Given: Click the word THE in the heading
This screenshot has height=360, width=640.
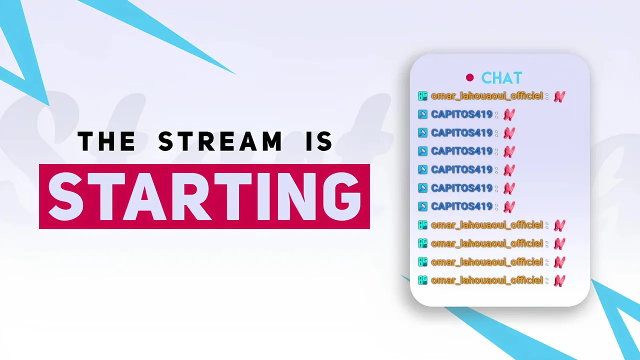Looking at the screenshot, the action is point(106,141).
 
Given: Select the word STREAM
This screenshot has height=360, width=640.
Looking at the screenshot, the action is point(220,141).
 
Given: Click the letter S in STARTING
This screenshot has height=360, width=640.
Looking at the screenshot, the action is point(66,196).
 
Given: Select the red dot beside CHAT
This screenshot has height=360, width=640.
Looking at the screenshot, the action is point(469,77).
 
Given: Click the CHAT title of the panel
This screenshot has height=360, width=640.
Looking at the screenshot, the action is point(501,77).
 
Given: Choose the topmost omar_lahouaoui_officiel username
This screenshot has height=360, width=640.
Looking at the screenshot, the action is point(487,96).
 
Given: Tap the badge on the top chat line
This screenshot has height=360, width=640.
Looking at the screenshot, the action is point(422,96).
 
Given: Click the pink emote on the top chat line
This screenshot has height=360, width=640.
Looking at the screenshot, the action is point(559,96).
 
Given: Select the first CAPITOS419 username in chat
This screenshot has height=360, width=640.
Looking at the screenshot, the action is point(461,114).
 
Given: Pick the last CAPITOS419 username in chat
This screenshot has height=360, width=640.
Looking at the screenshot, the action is point(461,206).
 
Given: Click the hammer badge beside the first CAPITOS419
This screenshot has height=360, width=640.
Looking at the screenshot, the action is point(422,114).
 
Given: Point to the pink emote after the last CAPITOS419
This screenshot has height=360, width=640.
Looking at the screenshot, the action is point(509,207).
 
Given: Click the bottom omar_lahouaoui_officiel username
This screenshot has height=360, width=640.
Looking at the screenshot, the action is point(487,280).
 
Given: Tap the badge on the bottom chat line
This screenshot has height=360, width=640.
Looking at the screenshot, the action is point(422,280).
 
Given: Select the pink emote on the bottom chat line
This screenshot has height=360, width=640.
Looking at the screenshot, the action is point(559,281).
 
